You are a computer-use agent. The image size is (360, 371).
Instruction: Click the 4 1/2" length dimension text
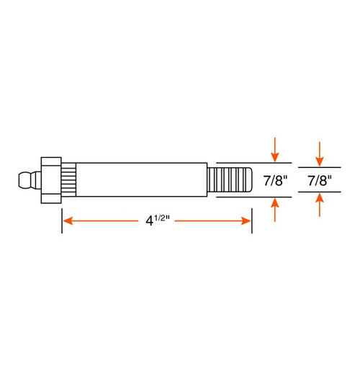click(154, 220)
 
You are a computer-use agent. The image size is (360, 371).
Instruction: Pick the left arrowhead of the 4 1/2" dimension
click(67, 220)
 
